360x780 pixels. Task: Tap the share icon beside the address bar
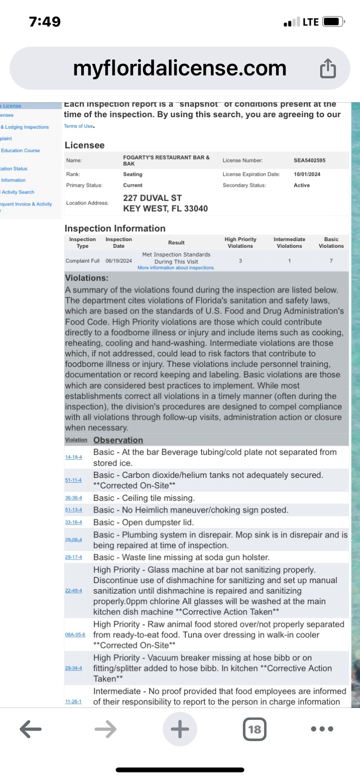click(x=328, y=68)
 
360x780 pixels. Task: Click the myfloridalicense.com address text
click(x=180, y=68)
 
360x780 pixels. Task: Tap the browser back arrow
click(x=31, y=729)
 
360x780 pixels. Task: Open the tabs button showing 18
click(x=254, y=729)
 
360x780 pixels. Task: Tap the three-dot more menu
click(x=322, y=729)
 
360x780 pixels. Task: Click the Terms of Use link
click(x=79, y=126)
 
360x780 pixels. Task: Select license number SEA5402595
click(x=309, y=160)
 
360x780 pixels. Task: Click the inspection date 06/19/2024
click(x=119, y=261)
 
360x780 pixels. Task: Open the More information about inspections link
click(x=176, y=268)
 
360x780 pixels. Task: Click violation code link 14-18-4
click(x=73, y=457)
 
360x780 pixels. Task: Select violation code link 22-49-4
click(x=73, y=591)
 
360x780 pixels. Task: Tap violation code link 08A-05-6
click(x=75, y=634)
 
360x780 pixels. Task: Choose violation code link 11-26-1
click(x=73, y=702)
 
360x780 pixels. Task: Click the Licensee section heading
click(x=84, y=145)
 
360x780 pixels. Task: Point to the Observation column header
click(x=118, y=440)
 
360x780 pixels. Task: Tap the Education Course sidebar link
click(x=20, y=150)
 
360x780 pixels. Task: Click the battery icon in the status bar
click(x=333, y=22)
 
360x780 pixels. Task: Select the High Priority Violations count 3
click(x=240, y=261)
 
